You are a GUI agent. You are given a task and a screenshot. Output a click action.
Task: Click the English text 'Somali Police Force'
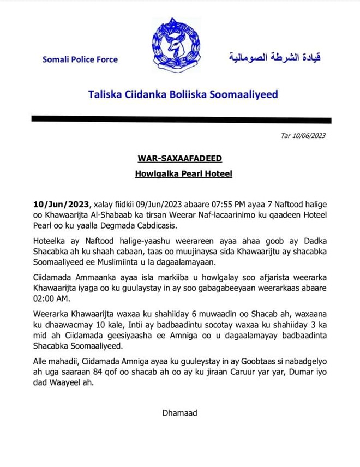[80, 59]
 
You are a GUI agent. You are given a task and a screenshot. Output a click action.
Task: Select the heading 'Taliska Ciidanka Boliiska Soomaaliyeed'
[183, 94]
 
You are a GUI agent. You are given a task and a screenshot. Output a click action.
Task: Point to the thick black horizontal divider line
[181, 119]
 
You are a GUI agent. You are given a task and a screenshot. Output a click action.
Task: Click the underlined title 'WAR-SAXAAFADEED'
[179, 159]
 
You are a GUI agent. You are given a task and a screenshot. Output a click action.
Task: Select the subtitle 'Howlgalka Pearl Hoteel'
[179, 175]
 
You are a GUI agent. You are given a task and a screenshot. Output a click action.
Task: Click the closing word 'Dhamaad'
[179, 413]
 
